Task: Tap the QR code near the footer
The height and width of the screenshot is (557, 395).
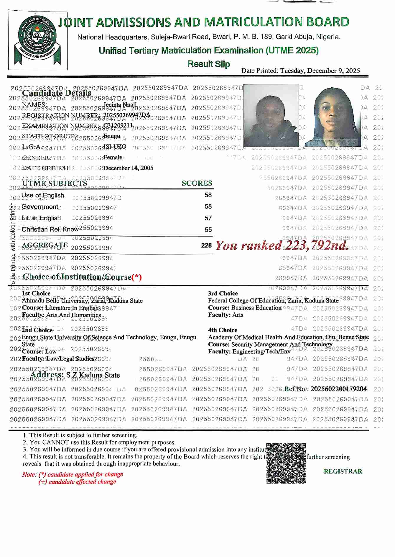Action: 286,463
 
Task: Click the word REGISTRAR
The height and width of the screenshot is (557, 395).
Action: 343,471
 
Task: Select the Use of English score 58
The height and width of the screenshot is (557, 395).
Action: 208,195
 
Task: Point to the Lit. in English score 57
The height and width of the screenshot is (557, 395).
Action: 208,218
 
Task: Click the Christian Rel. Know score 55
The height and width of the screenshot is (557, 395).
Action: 208,230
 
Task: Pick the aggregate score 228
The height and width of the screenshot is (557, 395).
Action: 206,245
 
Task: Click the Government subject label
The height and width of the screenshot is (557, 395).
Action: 40,207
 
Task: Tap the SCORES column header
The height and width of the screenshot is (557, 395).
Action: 197,183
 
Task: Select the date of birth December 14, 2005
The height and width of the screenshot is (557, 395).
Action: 128,168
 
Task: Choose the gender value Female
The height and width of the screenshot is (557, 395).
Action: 113,157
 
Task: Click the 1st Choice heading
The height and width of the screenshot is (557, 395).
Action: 36,293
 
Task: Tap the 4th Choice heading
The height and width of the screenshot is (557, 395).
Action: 223,330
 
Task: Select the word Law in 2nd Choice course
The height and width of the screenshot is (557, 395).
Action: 51,351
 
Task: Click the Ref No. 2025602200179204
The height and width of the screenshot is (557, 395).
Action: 338,389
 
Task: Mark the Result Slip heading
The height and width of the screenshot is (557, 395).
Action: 208,64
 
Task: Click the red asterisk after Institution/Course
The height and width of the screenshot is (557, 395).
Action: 136,277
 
